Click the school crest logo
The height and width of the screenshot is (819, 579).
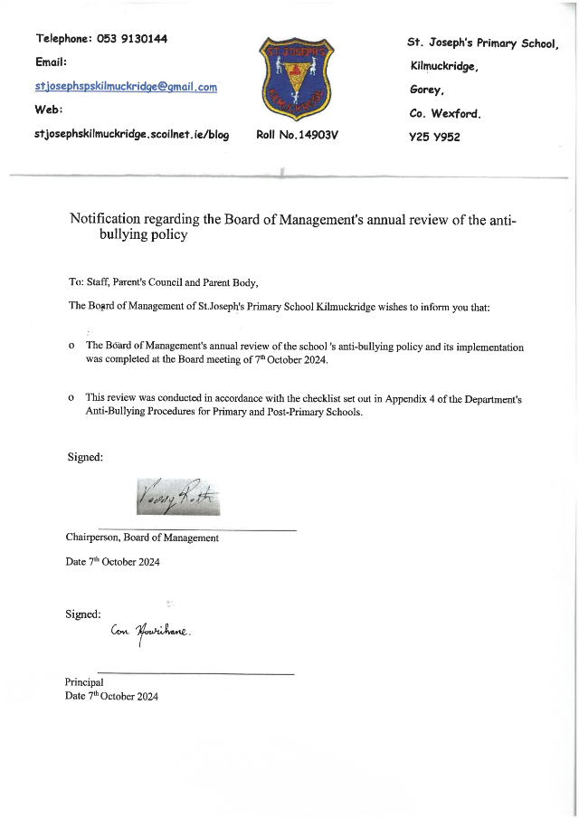tap(296, 80)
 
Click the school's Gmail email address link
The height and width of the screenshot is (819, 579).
tap(126, 87)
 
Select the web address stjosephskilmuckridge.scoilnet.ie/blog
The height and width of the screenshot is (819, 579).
tap(131, 135)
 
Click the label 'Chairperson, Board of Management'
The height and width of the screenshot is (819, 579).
tap(142, 538)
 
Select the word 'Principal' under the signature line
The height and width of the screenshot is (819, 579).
tap(84, 682)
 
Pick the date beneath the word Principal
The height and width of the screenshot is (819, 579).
tap(112, 696)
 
